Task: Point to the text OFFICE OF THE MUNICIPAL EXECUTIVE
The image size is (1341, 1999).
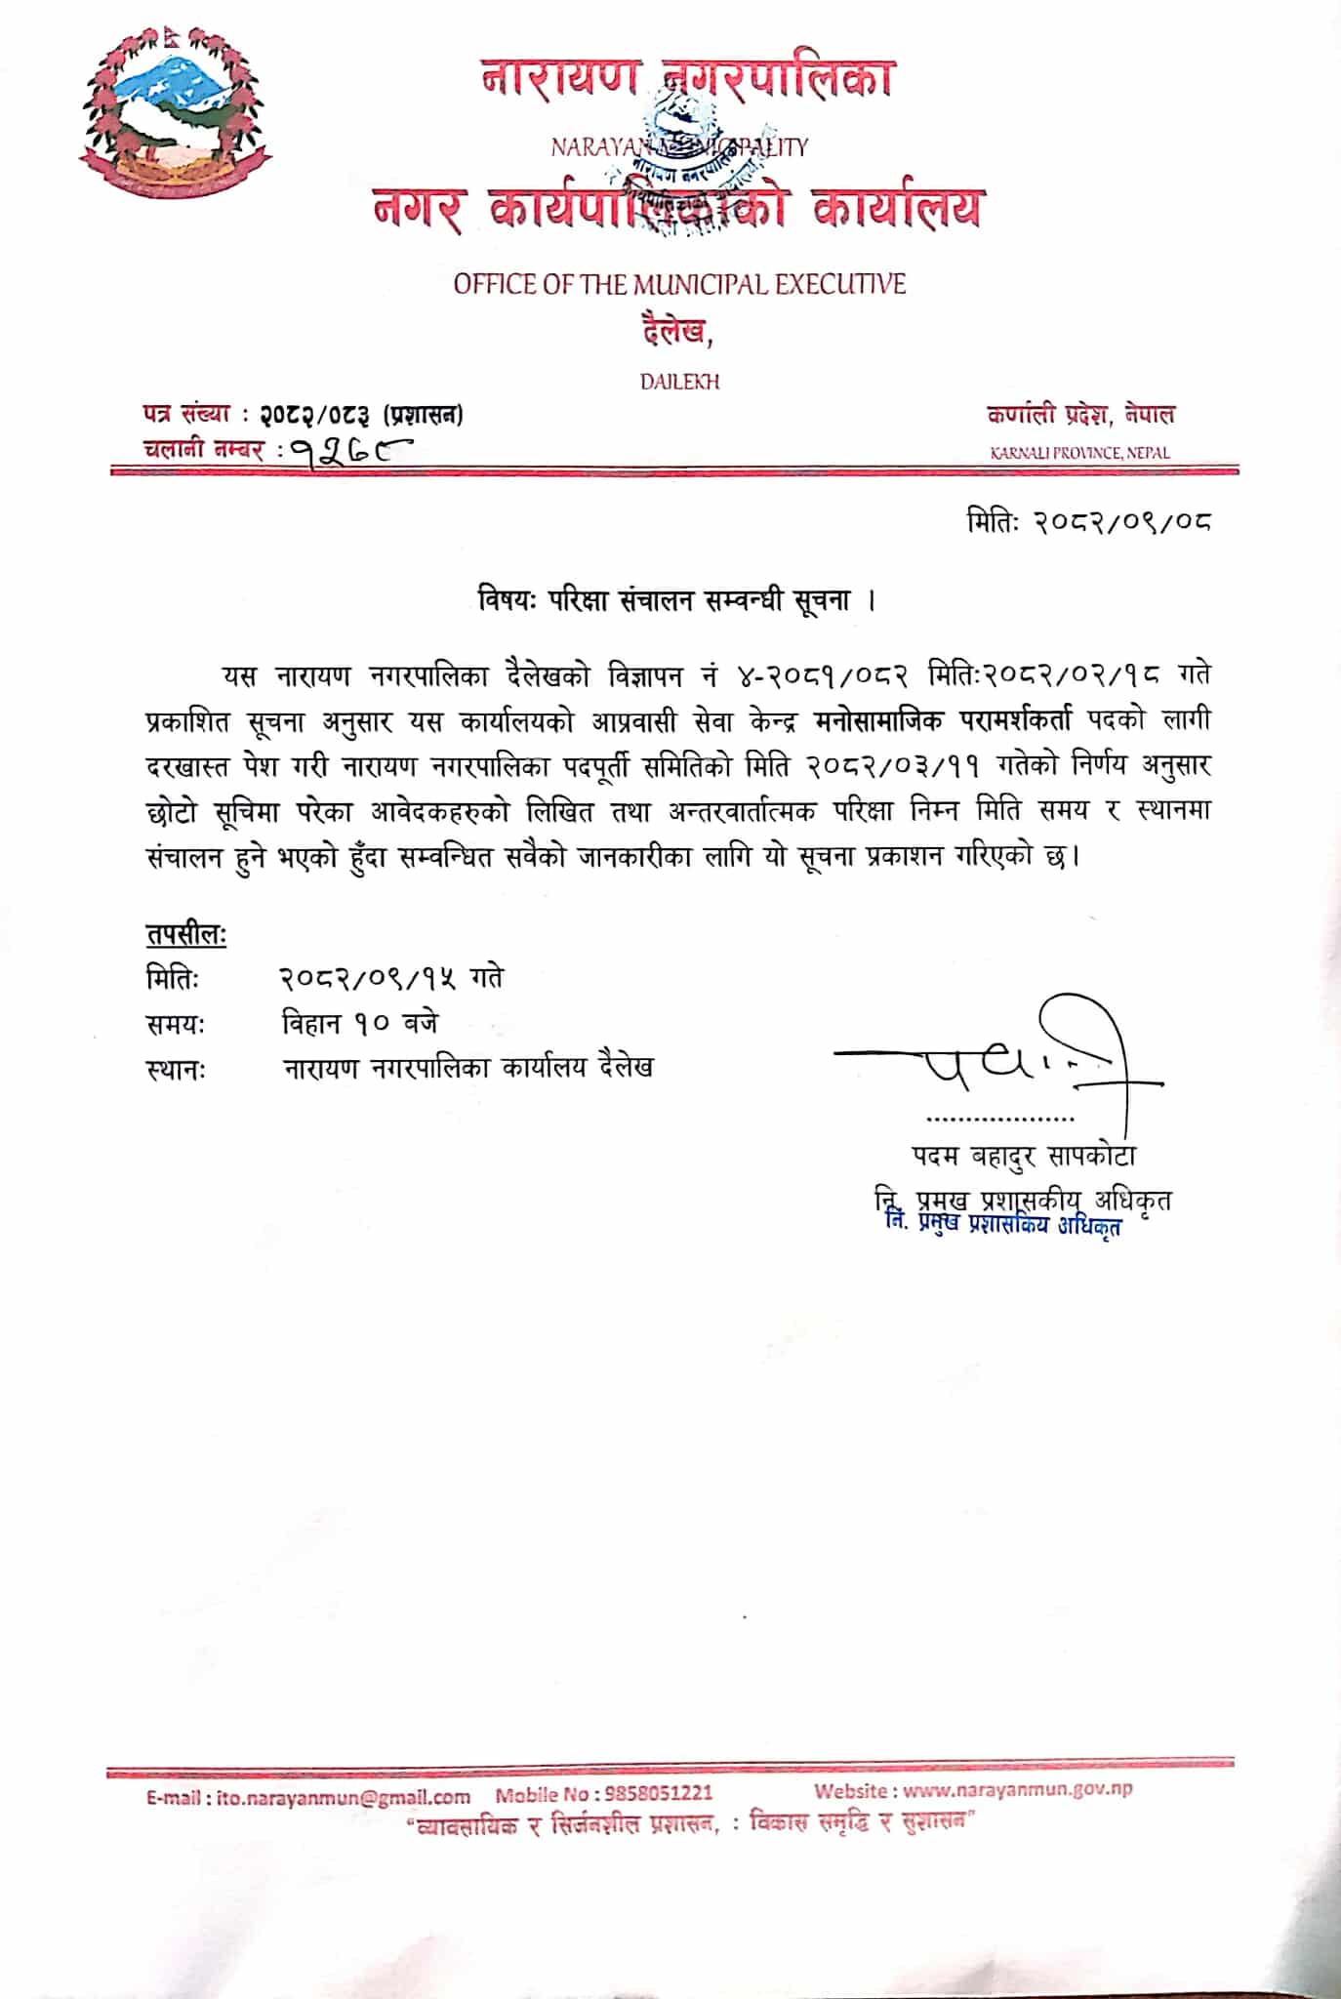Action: pyautogui.click(x=679, y=284)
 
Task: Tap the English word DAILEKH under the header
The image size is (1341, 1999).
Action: pyautogui.click(x=679, y=382)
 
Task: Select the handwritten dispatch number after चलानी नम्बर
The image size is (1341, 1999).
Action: pyautogui.click(x=349, y=450)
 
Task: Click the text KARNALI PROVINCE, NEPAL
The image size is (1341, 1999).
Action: pyautogui.click(x=1079, y=453)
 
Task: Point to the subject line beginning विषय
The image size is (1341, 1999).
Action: pyautogui.click(x=676, y=600)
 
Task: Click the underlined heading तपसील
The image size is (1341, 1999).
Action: pyautogui.click(x=185, y=934)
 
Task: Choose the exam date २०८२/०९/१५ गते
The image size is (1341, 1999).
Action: pyautogui.click(x=391, y=978)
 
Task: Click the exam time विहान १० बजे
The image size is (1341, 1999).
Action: pyautogui.click(x=360, y=1023)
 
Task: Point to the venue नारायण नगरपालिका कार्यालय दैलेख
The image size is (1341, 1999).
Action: pyautogui.click(x=468, y=1067)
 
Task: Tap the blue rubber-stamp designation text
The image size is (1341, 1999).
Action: pyautogui.click(x=1003, y=1225)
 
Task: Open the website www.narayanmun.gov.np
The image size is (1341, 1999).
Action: pyautogui.click(x=1017, y=1790)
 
